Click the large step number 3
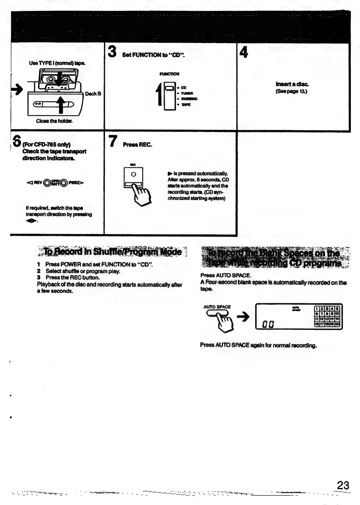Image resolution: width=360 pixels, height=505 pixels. pos(112,52)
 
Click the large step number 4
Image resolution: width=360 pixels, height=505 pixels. pos(244,52)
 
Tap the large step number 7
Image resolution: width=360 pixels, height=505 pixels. pos(113,141)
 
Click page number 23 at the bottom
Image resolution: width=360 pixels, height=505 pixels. pos(343,485)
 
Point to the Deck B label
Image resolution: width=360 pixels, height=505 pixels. pos(93,94)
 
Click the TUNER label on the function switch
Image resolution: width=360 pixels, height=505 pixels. pos(187,93)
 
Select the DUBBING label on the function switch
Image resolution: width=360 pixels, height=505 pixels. pos(189,99)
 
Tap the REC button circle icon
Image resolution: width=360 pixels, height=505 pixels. pos(133,174)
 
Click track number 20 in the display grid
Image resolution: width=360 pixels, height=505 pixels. pos(337,324)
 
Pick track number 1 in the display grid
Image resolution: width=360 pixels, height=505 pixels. pos(317,309)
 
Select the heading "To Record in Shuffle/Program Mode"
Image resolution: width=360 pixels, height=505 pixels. pos(113,252)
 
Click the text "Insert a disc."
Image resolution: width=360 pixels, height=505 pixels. pos(292,84)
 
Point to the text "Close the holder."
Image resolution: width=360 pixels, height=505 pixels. pos(54,121)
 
